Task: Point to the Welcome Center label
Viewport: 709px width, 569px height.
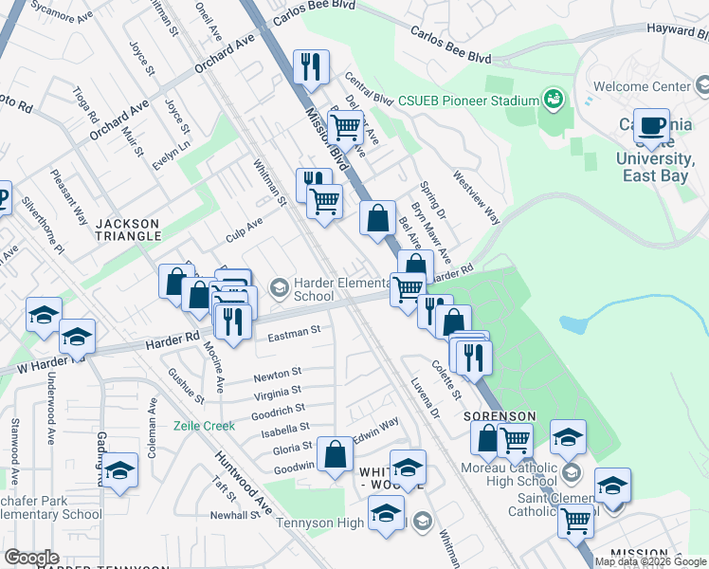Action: [x=642, y=86]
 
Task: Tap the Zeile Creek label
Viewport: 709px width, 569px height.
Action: [x=204, y=426]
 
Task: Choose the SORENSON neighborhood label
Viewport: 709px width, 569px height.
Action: [x=500, y=416]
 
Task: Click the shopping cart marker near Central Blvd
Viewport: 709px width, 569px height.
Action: [x=346, y=125]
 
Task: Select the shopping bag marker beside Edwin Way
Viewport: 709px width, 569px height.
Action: [x=336, y=454]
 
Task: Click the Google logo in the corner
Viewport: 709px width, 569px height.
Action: [x=30, y=558]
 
